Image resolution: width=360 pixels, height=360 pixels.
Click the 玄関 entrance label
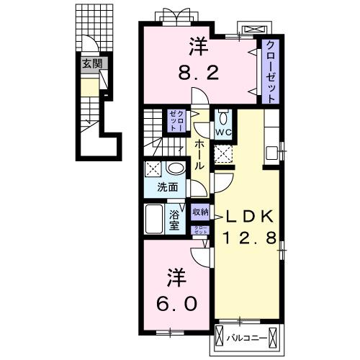pyautogui.click(x=91, y=64)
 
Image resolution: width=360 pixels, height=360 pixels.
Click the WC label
pyautogui.click(x=222, y=132)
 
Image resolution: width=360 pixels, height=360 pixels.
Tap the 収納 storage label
pyautogui.click(x=200, y=212)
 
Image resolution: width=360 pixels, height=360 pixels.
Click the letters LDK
pyautogui.click(x=250, y=216)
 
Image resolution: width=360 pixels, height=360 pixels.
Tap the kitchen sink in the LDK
pyautogui.click(x=272, y=152)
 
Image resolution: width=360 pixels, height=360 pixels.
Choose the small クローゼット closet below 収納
pyautogui.click(x=200, y=230)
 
